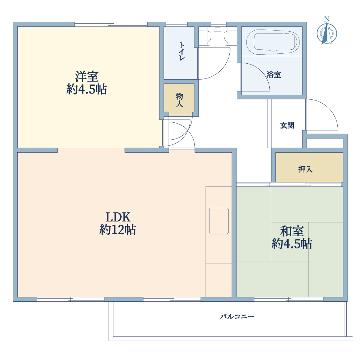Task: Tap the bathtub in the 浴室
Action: [273, 42]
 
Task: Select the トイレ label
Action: [181, 51]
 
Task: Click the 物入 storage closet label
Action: [179, 100]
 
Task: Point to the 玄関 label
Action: [287, 126]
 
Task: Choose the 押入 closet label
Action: [305, 169]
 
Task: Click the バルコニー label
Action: [237, 316]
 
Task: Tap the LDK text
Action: [118, 217]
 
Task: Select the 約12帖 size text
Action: [118, 230]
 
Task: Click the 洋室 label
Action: [87, 76]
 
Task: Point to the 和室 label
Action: [292, 231]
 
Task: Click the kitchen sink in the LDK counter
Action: [219, 221]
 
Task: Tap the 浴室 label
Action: [274, 75]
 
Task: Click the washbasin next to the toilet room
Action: [218, 36]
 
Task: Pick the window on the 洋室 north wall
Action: [111, 24]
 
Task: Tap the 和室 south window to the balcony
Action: [289, 299]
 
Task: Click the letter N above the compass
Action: [327, 19]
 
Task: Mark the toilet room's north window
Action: [176, 24]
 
